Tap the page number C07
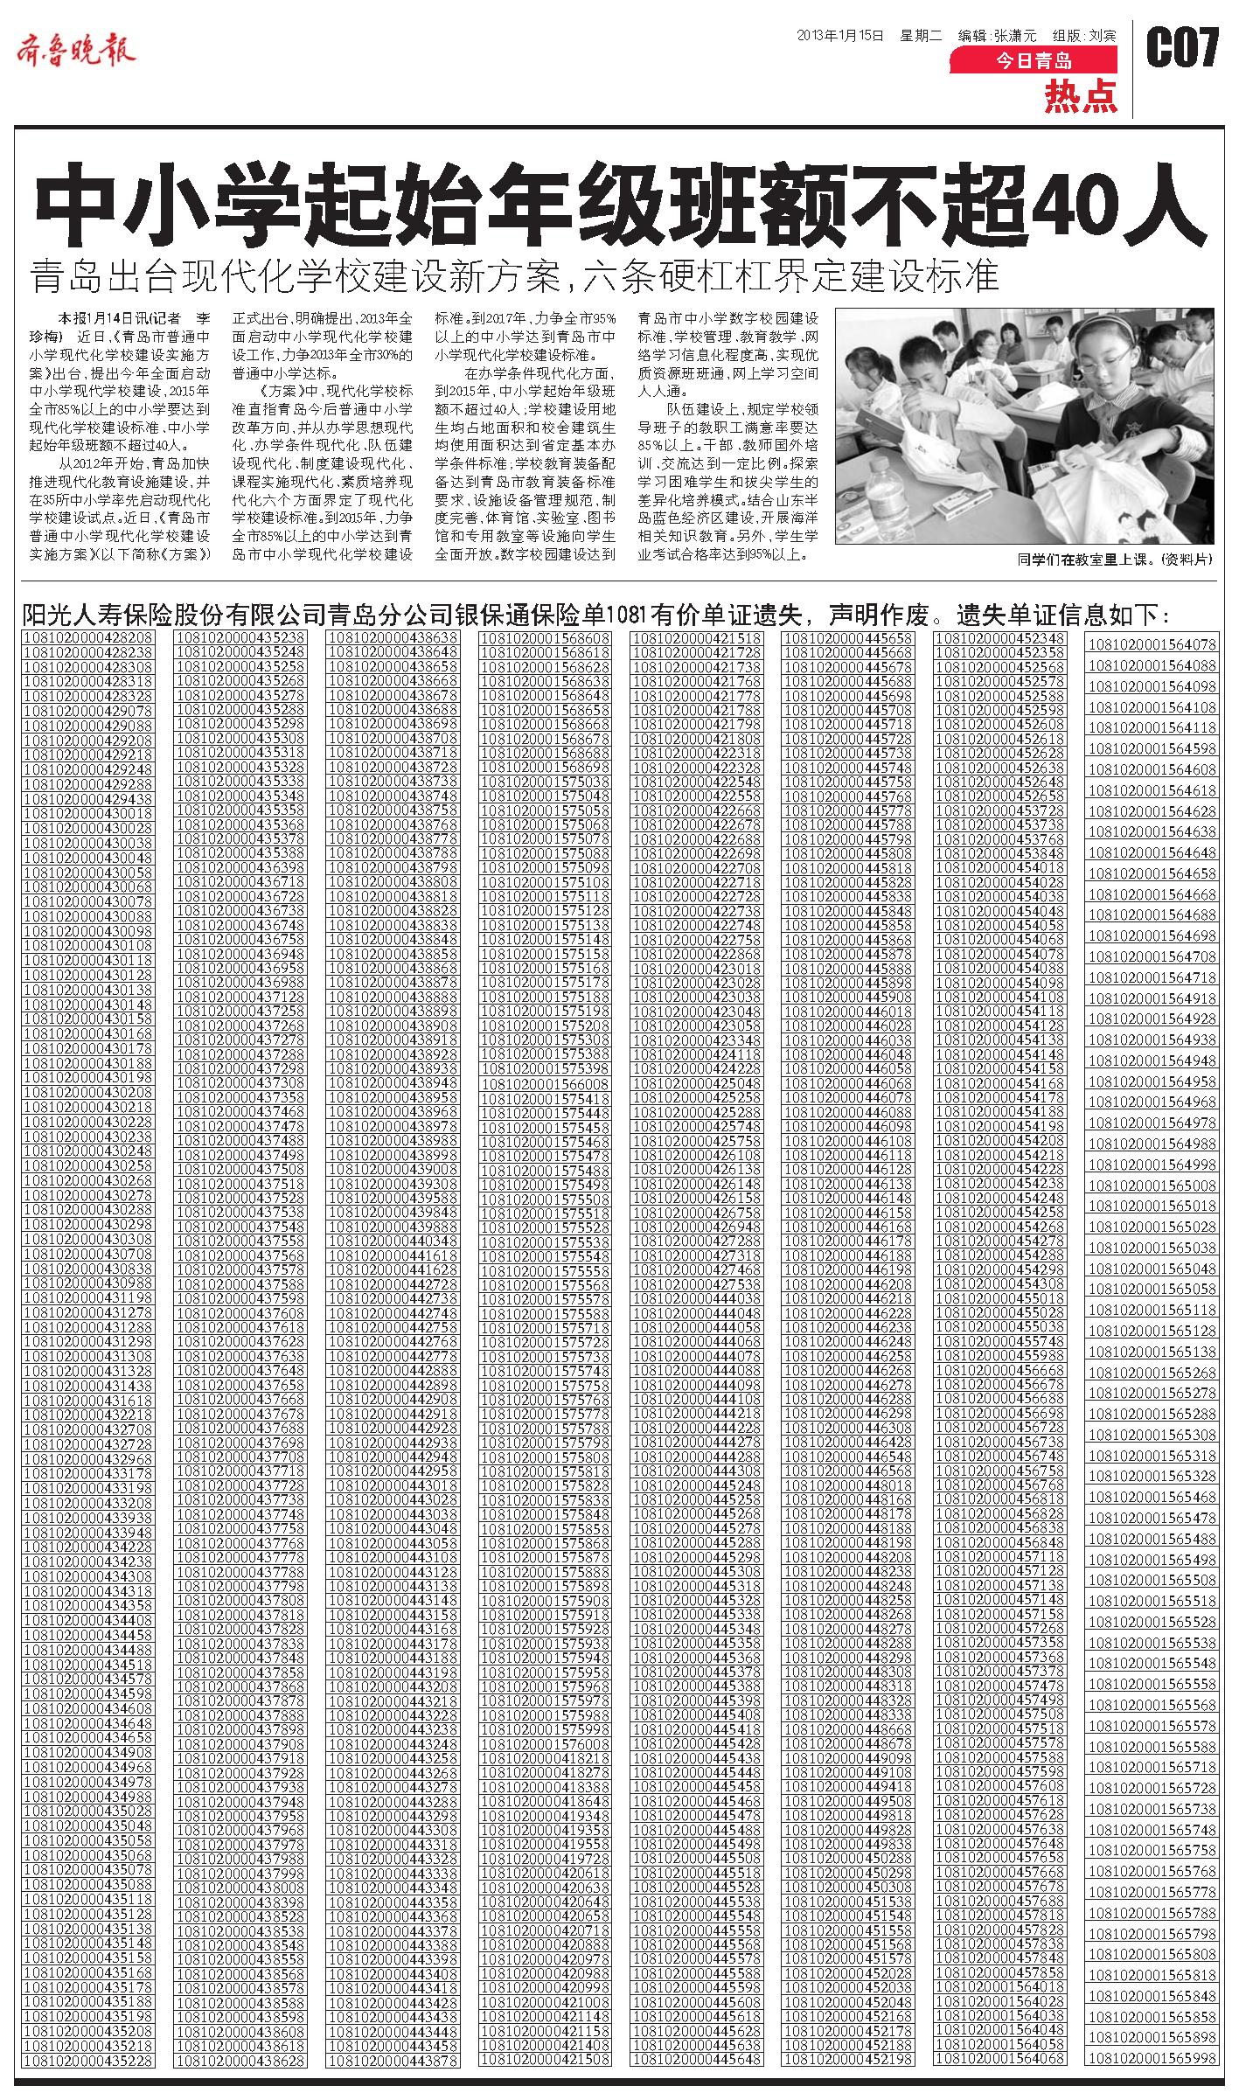click(x=1182, y=49)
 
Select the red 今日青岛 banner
click(x=1034, y=60)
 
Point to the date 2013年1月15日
click(x=840, y=36)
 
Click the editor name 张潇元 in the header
click(x=1013, y=36)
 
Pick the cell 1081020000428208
click(x=89, y=638)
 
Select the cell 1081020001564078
click(x=1152, y=644)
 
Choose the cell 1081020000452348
click(x=999, y=638)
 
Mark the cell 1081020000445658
click(x=848, y=638)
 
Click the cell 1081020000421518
click(x=696, y=638)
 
